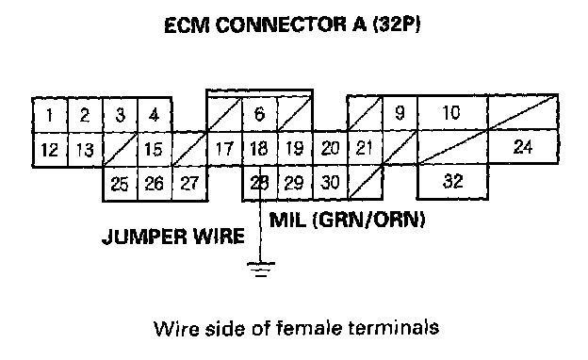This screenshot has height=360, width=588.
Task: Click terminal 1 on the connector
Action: click(50, 115)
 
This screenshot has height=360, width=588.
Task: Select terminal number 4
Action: click(155, 115)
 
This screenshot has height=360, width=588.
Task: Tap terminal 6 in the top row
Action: click(260, 114)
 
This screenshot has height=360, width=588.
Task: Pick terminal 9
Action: click(400, 112)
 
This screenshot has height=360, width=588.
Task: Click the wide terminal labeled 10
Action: click(452, 112)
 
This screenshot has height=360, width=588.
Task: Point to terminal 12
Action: click(50, 149)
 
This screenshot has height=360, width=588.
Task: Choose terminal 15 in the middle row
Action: click(155, 149)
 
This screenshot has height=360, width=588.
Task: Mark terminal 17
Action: click(224, 149)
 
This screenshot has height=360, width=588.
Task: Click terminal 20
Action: click(330, 148)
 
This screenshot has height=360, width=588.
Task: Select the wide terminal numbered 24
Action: click(524, 147)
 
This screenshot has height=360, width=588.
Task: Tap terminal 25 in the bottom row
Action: click(120, 184)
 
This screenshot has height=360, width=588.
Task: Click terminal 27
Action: click(189, 184)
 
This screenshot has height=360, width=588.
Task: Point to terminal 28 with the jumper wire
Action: click(260, 183)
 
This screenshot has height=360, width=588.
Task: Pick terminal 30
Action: click(330, 182)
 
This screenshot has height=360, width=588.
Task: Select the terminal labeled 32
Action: click(452, 181)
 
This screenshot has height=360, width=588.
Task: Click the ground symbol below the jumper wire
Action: click(261, 270)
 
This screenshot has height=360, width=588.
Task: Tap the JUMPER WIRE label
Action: click(173, 237)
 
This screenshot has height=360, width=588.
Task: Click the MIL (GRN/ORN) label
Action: click(348, 220)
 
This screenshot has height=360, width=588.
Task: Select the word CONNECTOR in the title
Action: click(281, 25)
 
